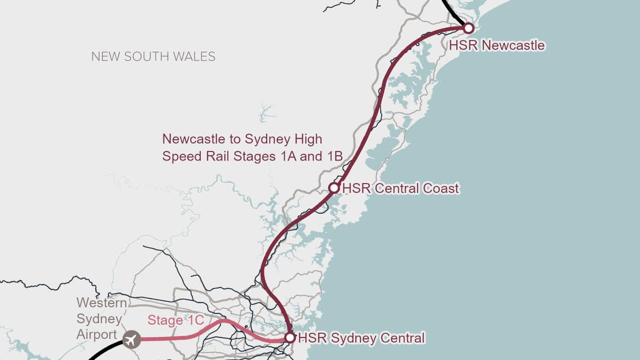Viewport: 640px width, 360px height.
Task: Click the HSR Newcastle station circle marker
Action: tap(468, 28)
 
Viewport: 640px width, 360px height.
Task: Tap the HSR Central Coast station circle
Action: tap(334, 188)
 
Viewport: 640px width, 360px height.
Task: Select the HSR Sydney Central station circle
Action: tap(289, 337)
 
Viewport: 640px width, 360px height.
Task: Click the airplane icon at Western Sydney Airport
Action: tap(131, 340)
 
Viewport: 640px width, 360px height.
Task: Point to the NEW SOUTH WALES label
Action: tap(153, 56)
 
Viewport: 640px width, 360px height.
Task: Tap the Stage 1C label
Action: tap(175, 320)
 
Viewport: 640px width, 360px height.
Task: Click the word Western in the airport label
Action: tap(101, 302)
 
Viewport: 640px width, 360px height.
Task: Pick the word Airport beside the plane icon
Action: tap(97, 334)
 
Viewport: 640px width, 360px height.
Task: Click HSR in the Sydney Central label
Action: tap(309, 338)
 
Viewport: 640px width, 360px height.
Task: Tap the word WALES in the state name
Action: tap(196, 56)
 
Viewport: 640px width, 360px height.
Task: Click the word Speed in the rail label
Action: tap(181, 155)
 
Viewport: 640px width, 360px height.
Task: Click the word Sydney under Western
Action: tap(99, 318)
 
